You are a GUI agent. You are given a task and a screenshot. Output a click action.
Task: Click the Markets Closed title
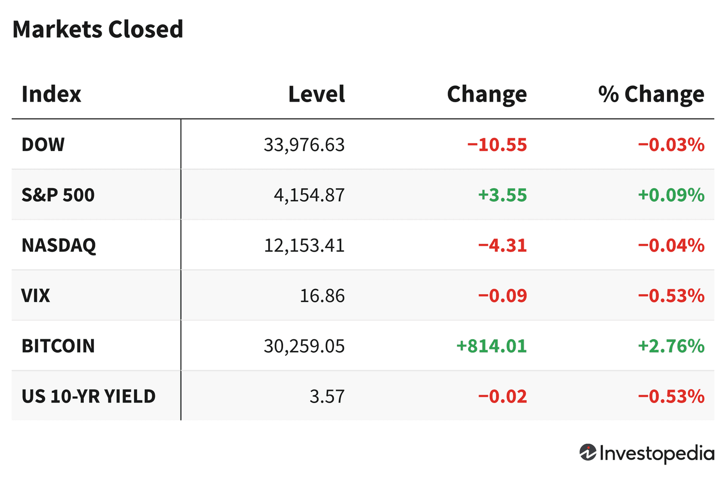click(x=98, y=30)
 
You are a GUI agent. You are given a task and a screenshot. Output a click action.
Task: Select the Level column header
click(x=317, y=94)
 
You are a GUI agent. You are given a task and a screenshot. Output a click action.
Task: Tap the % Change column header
click(x=651, y=94)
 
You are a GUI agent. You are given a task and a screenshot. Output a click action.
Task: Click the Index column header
click(x=51, y=94)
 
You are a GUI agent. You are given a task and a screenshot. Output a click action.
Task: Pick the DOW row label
click(x=43, y=145)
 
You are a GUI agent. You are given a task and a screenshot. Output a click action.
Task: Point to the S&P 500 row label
click(x=58, y=195)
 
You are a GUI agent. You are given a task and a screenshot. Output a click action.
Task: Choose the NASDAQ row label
click(x=59, y=245)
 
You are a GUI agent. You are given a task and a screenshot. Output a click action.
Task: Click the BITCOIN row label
click(x=58, y=346)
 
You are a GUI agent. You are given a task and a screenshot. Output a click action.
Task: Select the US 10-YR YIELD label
click(x=89, y=396)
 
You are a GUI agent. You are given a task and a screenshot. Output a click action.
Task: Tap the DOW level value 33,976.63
click(x=304, y=145)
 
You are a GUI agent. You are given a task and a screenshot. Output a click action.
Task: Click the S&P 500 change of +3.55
click(x=502, y=195)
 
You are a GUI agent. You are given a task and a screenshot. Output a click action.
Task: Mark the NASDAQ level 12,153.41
click(x=304, y=245)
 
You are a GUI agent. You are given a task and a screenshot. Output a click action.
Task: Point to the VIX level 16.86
click(x=322, y=296)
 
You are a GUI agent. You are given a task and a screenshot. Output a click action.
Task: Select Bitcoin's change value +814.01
click(x=491, y=346)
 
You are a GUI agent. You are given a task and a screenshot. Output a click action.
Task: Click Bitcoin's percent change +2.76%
click(x=671, y=346)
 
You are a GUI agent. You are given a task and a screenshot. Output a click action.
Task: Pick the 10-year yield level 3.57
click(x=327, y=396)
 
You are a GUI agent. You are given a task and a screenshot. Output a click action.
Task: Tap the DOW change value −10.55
click(x=497, y=145)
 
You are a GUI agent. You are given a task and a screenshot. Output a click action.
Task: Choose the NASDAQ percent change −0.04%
click(x=671, y=245)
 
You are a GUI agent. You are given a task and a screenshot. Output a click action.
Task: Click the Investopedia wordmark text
click(x=657, y=453)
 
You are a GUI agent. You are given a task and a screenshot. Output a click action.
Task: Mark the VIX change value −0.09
click(x=502, y=296)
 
